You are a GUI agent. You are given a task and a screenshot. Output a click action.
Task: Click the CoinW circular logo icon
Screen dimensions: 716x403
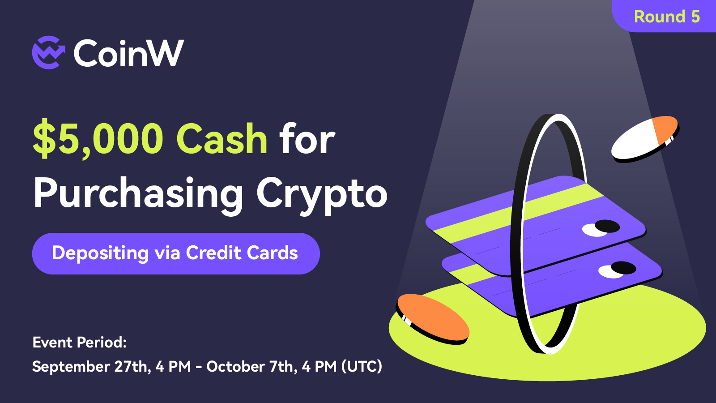tap(49, 52)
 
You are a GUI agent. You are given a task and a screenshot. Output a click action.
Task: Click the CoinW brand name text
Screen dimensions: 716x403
tap(129, 53)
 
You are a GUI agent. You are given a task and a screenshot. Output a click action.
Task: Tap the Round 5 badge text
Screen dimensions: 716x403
tap(667, 17)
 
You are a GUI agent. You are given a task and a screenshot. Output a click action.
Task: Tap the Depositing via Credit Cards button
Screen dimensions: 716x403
tap(176, 253)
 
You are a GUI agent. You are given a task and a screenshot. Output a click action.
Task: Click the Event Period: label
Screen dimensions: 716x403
tap(80, 342)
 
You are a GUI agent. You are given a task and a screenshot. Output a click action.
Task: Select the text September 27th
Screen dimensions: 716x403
tap(90, 367)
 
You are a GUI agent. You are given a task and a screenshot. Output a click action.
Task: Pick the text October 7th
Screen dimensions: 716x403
tap(250, 367)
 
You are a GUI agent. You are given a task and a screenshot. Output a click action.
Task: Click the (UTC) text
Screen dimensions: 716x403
tap(362, 367)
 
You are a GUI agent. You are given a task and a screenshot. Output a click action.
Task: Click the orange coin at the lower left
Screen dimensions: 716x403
tap(433, 318)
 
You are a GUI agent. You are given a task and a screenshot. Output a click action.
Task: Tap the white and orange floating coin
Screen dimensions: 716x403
tap(645, 139)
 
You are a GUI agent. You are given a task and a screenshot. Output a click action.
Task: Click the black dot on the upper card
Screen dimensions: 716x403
tap(607, 226)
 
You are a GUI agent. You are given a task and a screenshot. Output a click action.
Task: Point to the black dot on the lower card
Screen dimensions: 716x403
tap(623, 268)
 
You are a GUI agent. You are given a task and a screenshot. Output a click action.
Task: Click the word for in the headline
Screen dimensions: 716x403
tap(307, 139)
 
